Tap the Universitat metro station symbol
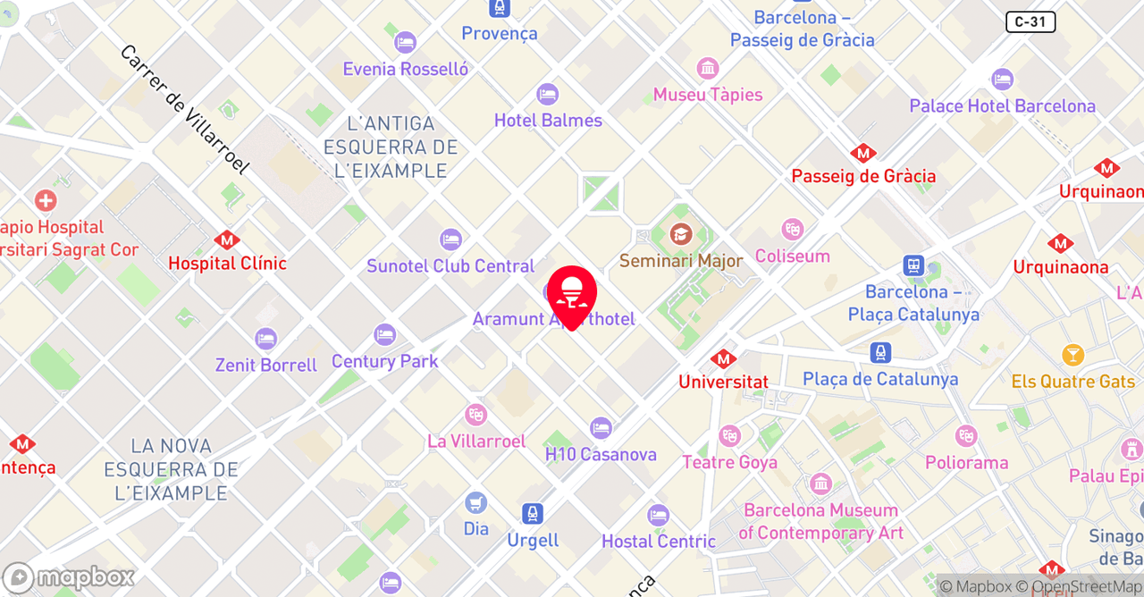click(723, 359)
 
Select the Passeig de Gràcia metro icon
click(863, 154)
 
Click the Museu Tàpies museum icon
click(708, 69)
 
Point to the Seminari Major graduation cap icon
click(681, 235)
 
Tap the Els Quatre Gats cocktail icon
click(1072, 356)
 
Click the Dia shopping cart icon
click(476, 503)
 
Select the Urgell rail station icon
click(533, 514)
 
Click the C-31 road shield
click(1030, 22)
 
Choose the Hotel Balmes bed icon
click(547, 94)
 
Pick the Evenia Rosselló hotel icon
click(405, 43)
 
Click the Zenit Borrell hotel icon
click(265, 339)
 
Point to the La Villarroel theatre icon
click(475, 415)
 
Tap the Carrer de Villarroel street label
click(184, 110)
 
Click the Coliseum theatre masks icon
click(792, 230)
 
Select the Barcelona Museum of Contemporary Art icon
click(820, 484)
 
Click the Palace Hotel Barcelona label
click(1002, 106)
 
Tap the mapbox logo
click(69, 577)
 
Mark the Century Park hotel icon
click(384, 335)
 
